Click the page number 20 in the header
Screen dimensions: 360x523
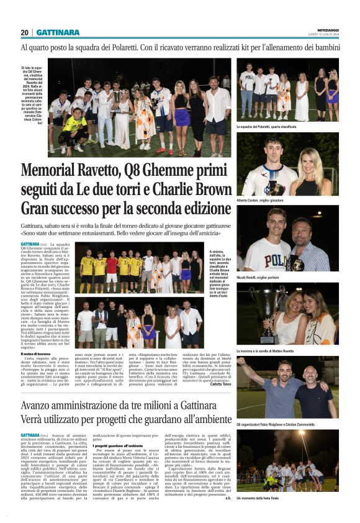(24, 32)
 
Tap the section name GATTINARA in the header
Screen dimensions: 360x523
(58, 32)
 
